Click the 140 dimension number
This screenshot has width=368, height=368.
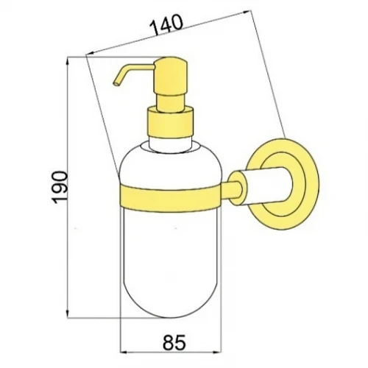(x=167, y=24)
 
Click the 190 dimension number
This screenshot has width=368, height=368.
(x=60, y=188)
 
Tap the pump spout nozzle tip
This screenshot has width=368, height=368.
(x=116, y=84)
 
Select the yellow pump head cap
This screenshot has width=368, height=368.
(x=171, y=76)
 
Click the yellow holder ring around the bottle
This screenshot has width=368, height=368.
(x=171, y=198)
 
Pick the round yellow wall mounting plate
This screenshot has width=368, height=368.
(x=285, y=185)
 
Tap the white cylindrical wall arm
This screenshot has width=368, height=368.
(x=266, y=185)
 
